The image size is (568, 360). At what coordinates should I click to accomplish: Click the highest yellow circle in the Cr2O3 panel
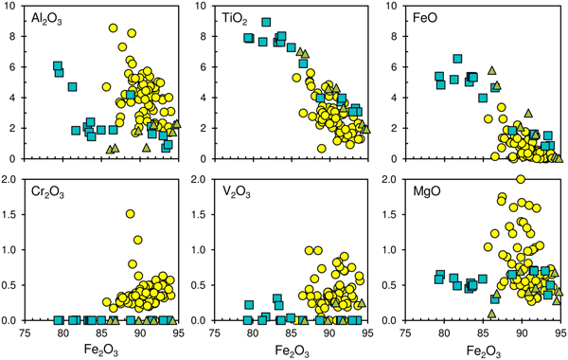coord(130,214)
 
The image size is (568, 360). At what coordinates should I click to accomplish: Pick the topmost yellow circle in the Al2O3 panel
coord(114,28)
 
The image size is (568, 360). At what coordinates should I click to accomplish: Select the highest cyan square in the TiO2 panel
coord(267,22)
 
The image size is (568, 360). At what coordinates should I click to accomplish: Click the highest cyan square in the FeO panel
coord(458,59)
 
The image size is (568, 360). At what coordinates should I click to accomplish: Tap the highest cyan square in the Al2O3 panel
coord(58,65)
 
